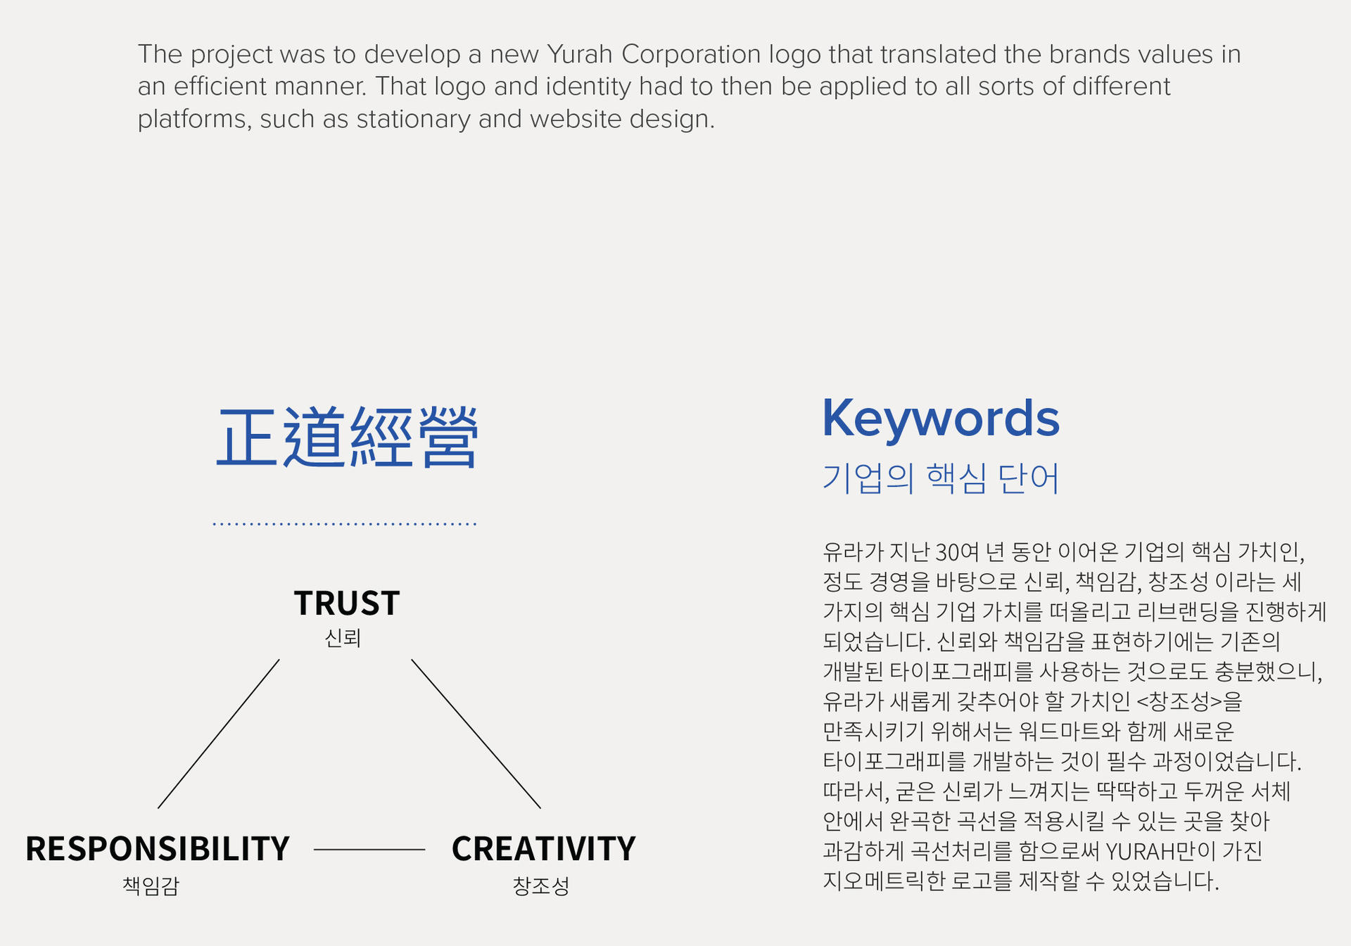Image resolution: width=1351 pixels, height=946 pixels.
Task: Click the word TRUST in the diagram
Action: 347,603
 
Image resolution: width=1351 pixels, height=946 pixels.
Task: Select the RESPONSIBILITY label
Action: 158,849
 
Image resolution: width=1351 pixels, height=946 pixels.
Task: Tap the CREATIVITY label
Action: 543,849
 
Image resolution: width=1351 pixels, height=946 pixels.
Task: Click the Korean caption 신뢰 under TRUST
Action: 343,639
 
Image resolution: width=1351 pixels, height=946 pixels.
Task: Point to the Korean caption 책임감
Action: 151,886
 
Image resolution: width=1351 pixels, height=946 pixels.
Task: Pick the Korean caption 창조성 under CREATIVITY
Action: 540,886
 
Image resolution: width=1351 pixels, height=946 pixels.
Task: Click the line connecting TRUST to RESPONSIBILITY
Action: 218,734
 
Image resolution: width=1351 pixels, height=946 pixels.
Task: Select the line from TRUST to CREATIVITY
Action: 476,734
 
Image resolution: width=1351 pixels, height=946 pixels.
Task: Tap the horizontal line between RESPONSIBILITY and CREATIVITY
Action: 369,850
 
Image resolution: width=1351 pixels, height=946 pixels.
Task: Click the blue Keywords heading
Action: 941,418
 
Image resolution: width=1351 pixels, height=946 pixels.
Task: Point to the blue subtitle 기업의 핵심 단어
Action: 941,479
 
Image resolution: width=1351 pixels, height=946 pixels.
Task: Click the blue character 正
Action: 246,437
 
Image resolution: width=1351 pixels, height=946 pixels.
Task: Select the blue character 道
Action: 314,437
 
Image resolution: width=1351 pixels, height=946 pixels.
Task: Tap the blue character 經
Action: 381,437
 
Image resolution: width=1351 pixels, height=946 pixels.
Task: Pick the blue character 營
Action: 448,437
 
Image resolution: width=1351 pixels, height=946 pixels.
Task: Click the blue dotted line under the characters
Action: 345,524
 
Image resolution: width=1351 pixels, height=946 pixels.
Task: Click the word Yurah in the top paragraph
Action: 580,54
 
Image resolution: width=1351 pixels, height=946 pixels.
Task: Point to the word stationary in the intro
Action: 413,119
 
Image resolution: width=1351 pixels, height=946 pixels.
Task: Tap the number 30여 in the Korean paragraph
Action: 956,552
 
